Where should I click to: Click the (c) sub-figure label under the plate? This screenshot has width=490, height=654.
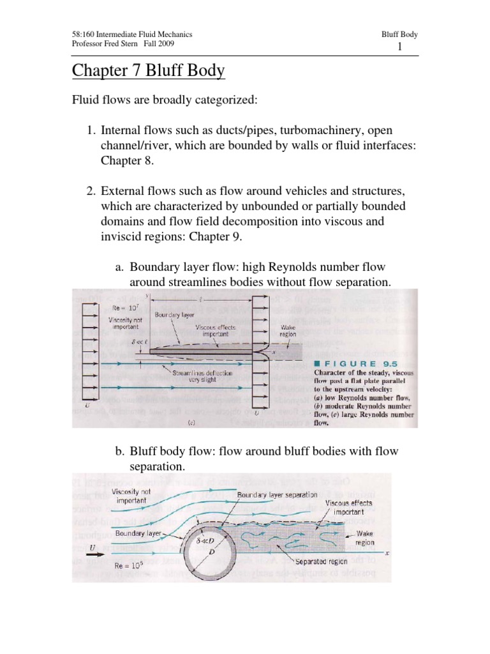(202, 422)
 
